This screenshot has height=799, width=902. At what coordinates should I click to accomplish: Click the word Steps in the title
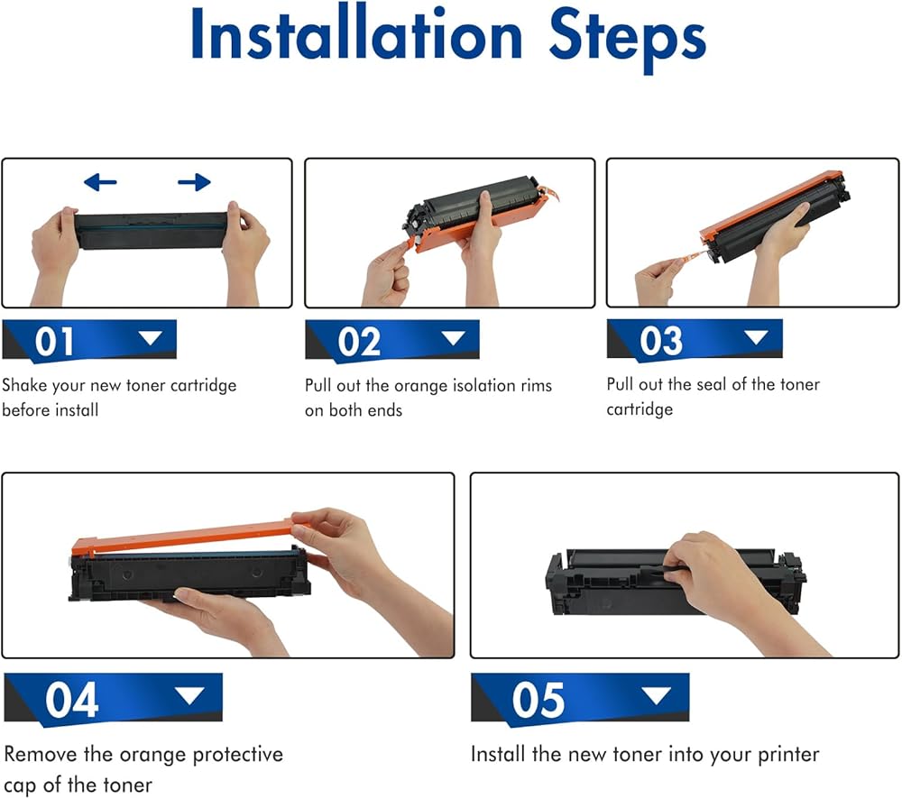[x=627, y=39]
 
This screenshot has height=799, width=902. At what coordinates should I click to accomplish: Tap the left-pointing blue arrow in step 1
[x=100, y=182]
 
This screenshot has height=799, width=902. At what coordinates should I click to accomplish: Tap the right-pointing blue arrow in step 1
[x=194, y=182]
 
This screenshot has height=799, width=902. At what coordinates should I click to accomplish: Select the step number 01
[x=54, y=341]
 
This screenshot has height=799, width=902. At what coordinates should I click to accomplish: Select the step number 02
[x=359, y=341]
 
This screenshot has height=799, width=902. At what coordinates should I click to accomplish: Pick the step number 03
[x=661, y=341]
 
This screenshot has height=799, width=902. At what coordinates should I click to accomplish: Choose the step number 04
[x=72, y=699]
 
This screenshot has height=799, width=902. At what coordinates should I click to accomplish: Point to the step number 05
[x=538, y=699]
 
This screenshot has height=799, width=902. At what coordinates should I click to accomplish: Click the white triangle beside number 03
[x=756, y=336]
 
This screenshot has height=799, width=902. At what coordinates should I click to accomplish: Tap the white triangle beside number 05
[x=657, y=695]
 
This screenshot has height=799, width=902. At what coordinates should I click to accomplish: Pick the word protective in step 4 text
[x=237, y=755]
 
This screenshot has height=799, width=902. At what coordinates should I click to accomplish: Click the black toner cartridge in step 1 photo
[x=151, y=230]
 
